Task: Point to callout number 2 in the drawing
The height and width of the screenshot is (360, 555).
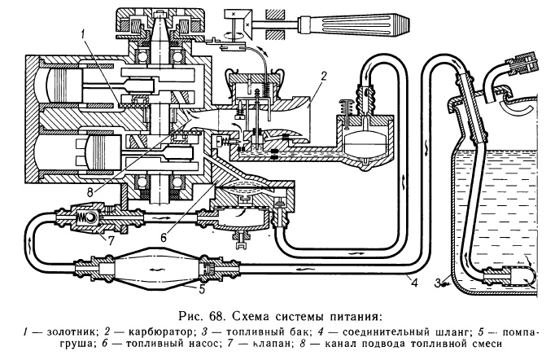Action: (324, 76)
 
